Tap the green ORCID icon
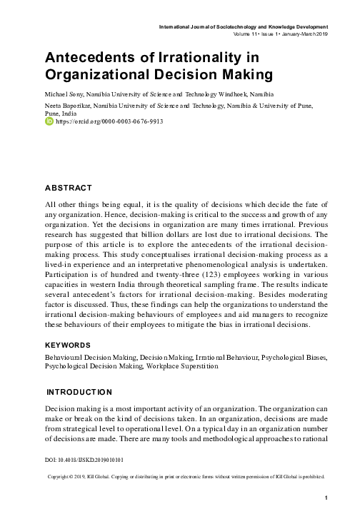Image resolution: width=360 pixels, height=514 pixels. [x=49, y=122]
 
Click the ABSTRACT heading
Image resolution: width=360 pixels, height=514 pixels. [x=69, y=188]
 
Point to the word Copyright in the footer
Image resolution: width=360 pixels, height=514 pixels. [x=61, y=476]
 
